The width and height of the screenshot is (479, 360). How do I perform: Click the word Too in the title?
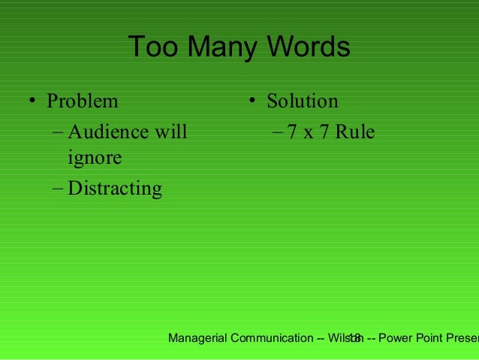point(154,47)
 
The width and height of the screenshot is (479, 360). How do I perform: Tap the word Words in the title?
point(307,47)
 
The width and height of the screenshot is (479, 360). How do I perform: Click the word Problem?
point(83,101)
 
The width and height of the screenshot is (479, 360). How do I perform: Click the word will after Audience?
point(171,132)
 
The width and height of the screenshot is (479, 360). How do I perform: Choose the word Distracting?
point(115,188)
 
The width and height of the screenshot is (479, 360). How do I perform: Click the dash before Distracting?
point(59,188)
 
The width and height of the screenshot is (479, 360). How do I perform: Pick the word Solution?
point(303,101)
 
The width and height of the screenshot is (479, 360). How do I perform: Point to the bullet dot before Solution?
point(253,101)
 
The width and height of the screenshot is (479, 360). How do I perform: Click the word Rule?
point(355,132)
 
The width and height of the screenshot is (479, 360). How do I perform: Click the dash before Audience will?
point(59,133)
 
